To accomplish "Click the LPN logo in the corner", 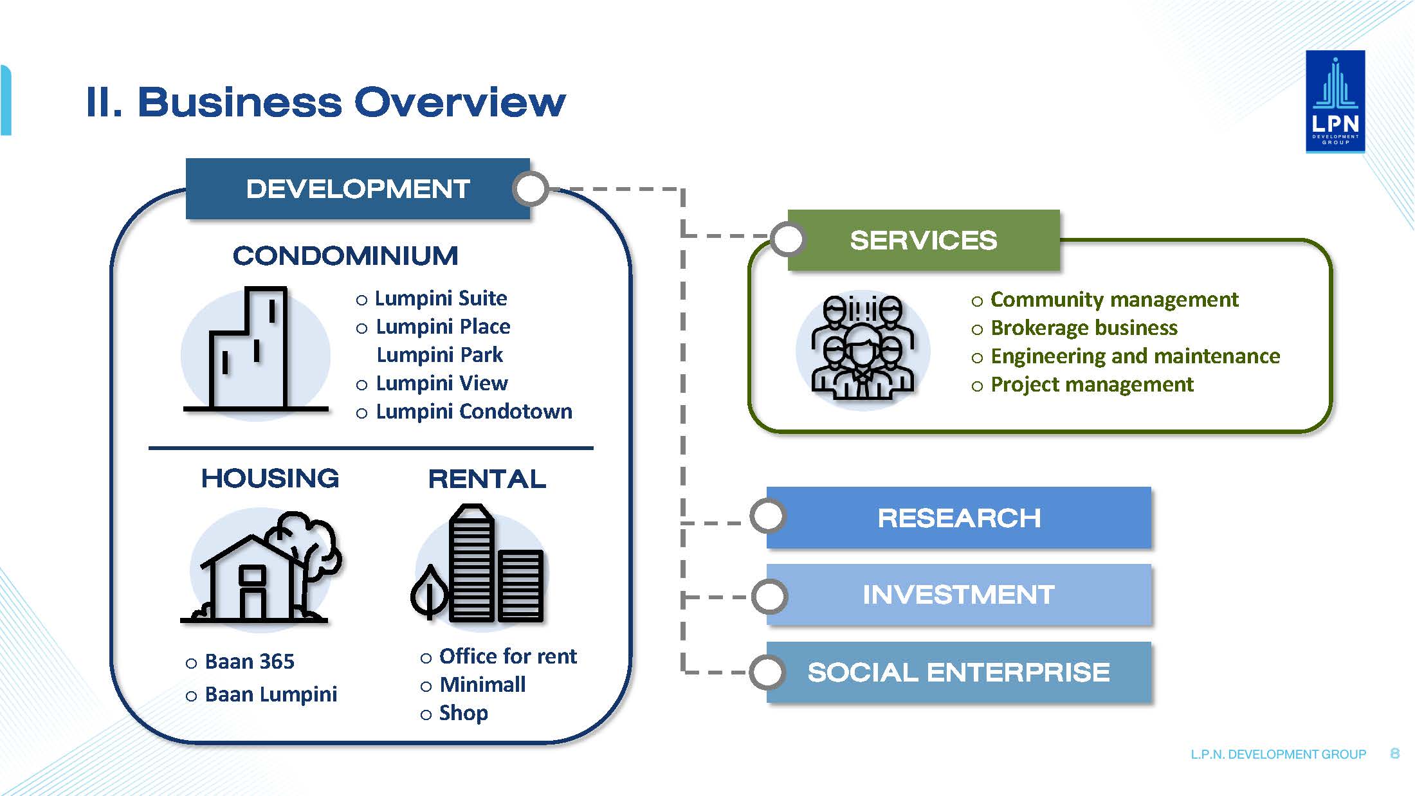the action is [1335, 102].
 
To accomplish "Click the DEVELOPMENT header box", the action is [358, 189].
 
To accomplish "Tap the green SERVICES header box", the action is [924, 240].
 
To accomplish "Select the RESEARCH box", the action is [958, 518].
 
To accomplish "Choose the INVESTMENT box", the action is [958, 595].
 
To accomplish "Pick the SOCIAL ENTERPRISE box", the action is [958, 672].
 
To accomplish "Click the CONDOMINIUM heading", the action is [345, 256].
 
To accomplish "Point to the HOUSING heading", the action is [270, 478].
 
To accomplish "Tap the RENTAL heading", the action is [487, 479].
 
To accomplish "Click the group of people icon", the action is [863, 348].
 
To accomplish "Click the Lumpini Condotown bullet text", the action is [474, 412].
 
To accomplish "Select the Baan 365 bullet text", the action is [250, 662].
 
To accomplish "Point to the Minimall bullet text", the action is [482, 685].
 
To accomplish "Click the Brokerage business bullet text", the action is [1084, 328].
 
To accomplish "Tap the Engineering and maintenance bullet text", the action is [1135, 356].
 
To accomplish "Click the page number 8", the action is [1394, 754].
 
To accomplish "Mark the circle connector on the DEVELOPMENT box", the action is [530, 189].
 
